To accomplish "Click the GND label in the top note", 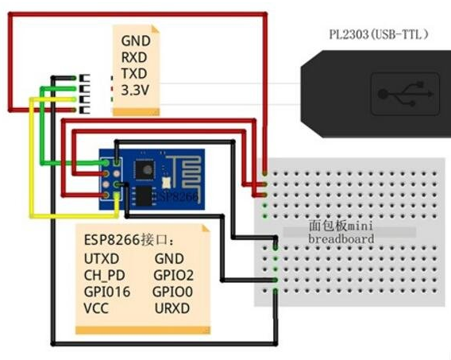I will [x=135, y=40].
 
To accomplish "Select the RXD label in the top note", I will [x=134, y=56].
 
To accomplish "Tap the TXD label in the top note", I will [x=134, y=73].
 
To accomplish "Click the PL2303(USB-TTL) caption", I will [x=380, y=34].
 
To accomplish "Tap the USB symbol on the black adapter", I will [x=405, y=93].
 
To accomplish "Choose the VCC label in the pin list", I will [x=98, y=308].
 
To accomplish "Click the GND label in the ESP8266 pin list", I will [x=169, y=258].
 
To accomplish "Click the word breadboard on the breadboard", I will [x=341, y=238].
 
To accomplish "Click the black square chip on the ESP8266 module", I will [x=145, y=168].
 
